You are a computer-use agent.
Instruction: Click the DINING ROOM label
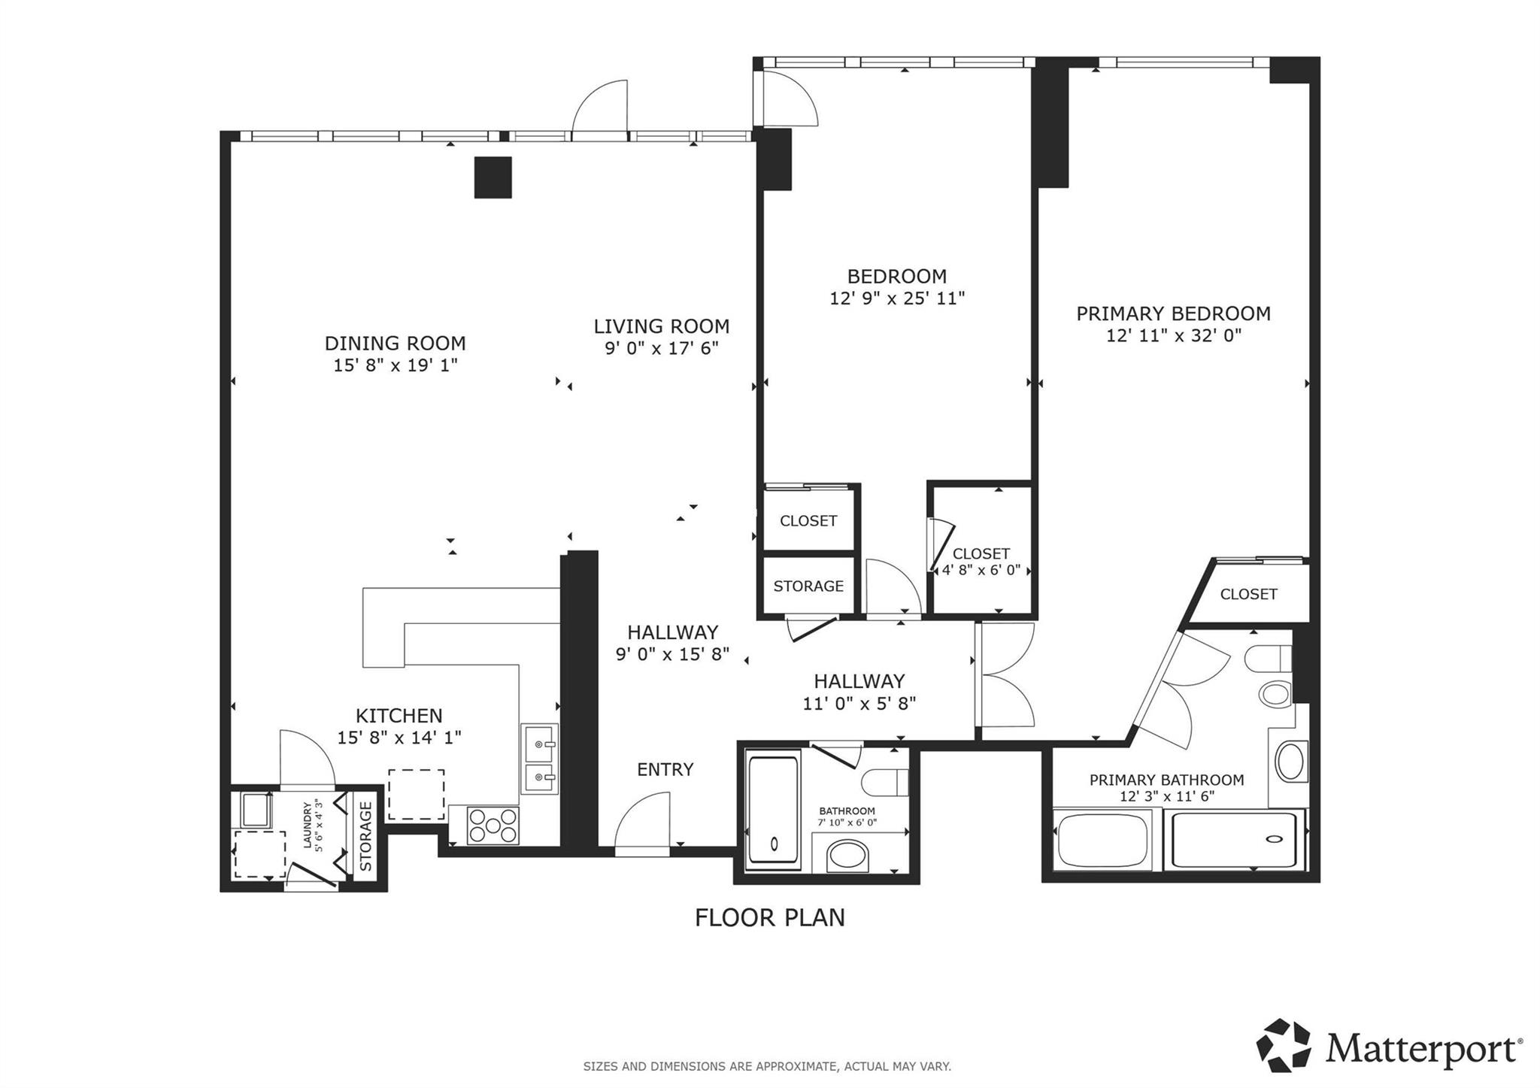(x=395, y=344)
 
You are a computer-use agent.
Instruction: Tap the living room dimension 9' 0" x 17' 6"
(x=662, y=348)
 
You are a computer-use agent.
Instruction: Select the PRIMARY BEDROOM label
(x=1173, y=314)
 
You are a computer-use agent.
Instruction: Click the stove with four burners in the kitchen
(x=493, y=826)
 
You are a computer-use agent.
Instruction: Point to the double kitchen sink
(x=539, y=759)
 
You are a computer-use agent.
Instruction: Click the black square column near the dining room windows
(x=493, y=177)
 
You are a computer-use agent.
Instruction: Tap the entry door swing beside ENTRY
(x=644, y=823)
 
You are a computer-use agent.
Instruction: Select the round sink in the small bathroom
(x=847, y=856)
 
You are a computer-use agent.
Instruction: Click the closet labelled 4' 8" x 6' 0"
(x=981, y=560)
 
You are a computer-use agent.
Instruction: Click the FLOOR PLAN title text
(x=769, y=918)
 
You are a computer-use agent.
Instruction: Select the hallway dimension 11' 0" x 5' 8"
(x=859, y=704)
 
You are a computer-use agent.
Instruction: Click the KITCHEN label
(x=399, y=715)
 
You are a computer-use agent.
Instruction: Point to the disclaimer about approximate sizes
(x=767, y=1066)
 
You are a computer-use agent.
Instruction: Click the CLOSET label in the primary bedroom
(x=1248, y=594)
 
